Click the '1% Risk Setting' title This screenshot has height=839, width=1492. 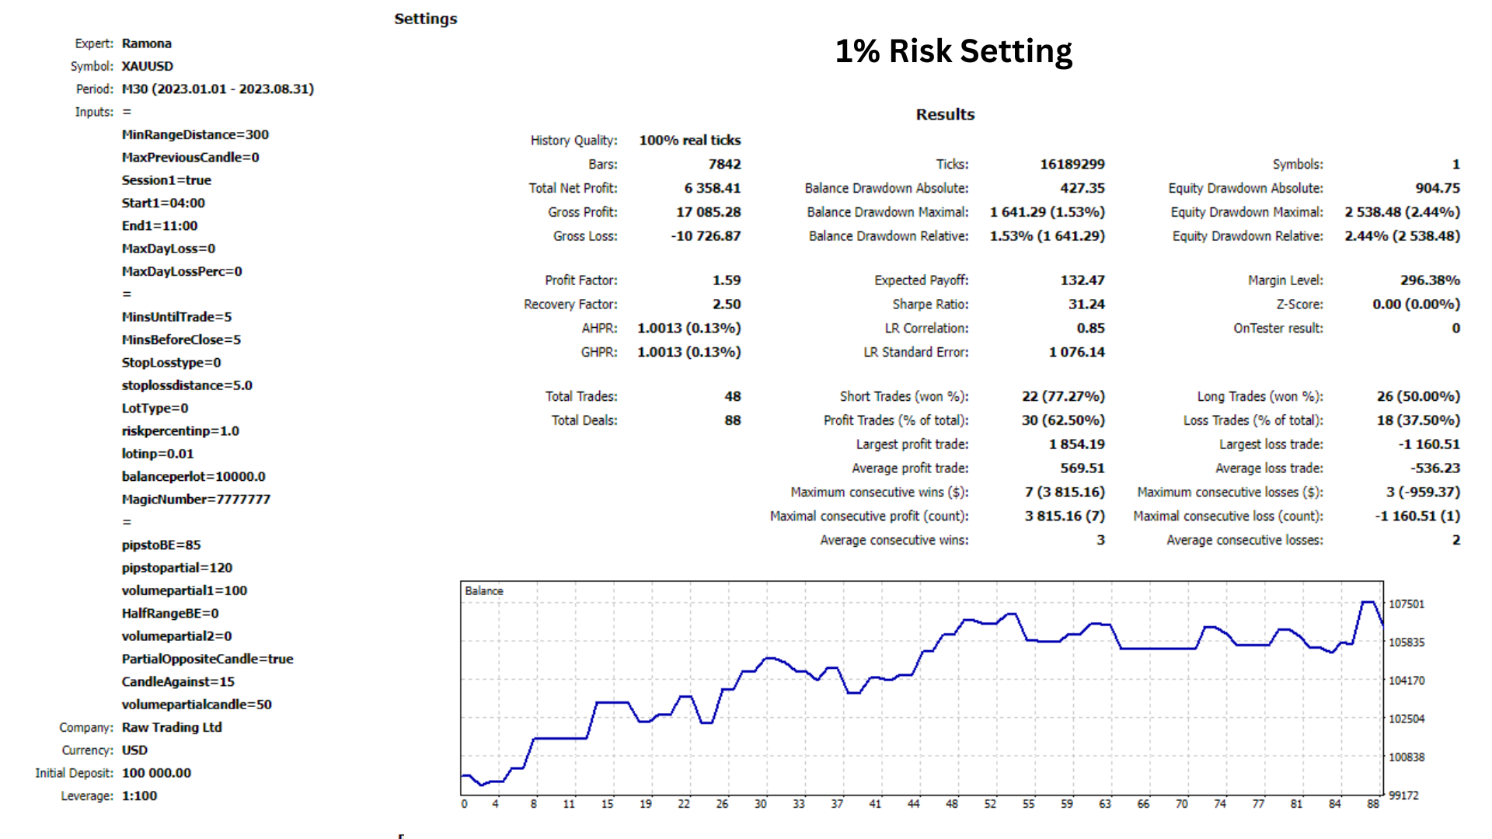click(953, 51)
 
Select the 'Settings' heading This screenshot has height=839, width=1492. click(425, 19)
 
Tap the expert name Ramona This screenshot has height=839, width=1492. click(146, 44)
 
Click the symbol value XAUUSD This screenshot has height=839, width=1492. click(147, 66)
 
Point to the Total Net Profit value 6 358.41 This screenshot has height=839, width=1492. click(712, 188)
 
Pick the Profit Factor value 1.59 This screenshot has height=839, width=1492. click(726, 280)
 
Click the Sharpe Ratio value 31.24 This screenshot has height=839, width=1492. click(1086, 304)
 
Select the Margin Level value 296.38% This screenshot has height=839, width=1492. click(1429, 280)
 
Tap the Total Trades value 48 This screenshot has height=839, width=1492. click(732, 396)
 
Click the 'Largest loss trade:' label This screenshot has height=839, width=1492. click(1271, 444)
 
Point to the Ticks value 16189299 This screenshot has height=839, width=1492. click(1072, 164)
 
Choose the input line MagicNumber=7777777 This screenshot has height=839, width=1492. click(196, 499)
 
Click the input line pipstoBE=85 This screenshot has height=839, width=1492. click(161, 545)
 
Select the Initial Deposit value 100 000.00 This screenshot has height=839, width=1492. click(156, 773)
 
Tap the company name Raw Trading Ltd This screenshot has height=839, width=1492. click(172, 727)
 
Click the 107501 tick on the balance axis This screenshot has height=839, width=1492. click(1406, 604)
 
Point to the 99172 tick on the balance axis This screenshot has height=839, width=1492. click(1403, 795)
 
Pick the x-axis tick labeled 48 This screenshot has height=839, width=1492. click(951, 804)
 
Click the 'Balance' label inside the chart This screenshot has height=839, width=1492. click(483, 591)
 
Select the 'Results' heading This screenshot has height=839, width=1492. click(944, 114)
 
